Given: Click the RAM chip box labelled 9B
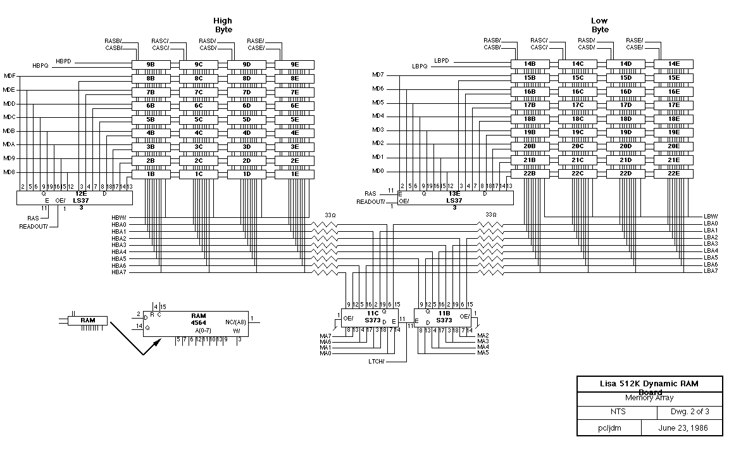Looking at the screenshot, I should (151, 64).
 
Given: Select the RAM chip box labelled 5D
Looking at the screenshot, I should (247, 119).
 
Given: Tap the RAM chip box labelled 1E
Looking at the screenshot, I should (295, 174).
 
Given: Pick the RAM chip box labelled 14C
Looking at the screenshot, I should (578, 64).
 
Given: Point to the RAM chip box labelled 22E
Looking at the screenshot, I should (673, 174).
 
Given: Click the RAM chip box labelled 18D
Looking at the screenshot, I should (626, 119).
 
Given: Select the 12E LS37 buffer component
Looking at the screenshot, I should (75, 198).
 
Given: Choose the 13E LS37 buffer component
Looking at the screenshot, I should (453, 198).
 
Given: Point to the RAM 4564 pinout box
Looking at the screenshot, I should (196, 322).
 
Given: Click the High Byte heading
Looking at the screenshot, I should (223, 25).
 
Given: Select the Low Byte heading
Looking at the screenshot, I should (600, 25).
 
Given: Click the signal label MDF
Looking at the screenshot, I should (9, 76).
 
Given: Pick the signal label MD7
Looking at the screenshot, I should (378, 75).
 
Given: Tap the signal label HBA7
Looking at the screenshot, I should (119, 272).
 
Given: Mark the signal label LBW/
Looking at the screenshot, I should (711, 217).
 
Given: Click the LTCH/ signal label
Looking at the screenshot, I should (378, 361).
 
